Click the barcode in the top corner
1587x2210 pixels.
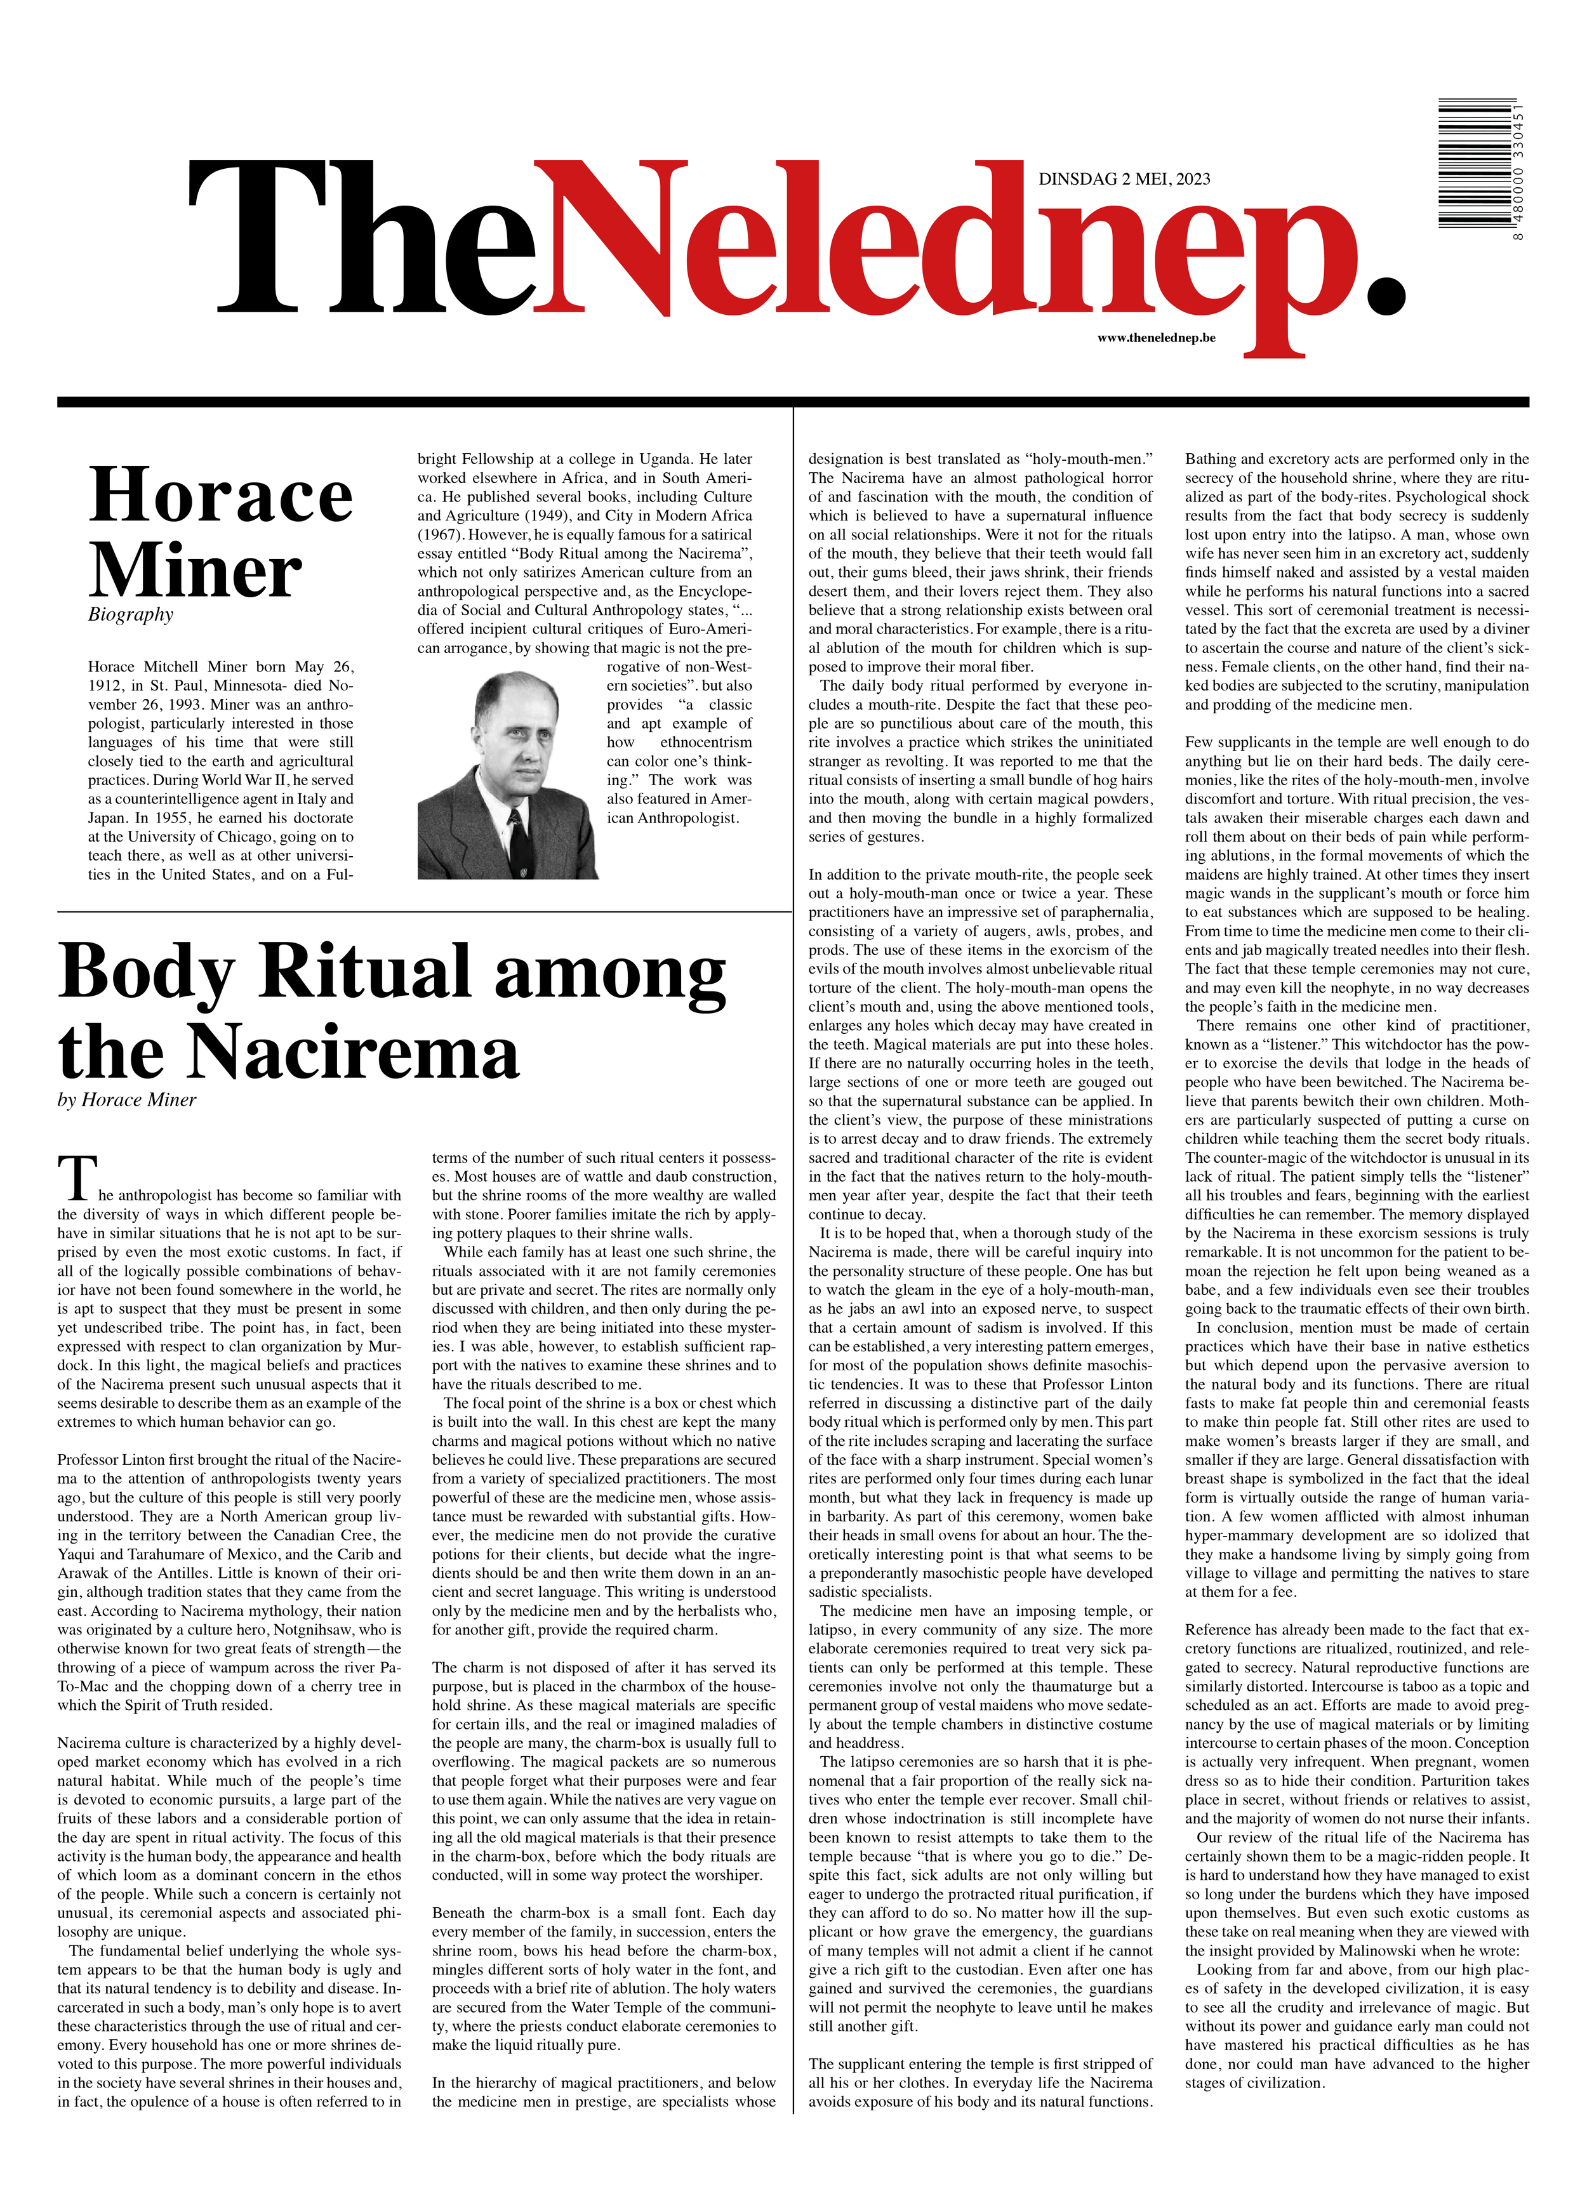(x=1474, y=164)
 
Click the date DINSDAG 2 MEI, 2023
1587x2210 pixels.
(x=1124, y=178)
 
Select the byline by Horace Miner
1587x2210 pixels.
(x=127, y=1100)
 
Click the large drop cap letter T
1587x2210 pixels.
(x=77, y=1178)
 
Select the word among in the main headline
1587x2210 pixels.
(x=609, y=972)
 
